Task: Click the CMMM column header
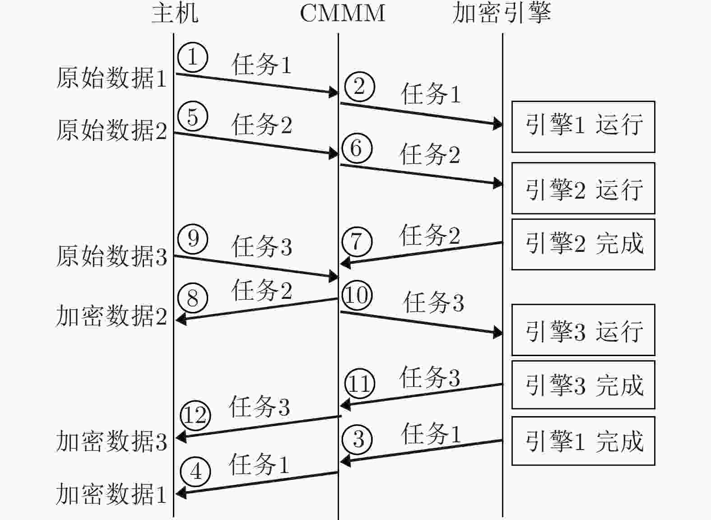tap(343, 14)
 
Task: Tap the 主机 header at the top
tap(175, 14)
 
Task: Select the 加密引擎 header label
tap(502, 14)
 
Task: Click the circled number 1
tap(193, 57)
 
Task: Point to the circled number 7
tap(357, 241)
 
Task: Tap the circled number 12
tap(195, 415)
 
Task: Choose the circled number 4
tap(195, 471)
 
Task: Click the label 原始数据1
tap(112, 78)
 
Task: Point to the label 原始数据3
tap(112, 256)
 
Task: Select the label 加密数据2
tap(112, 316)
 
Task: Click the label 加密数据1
tap(112, 494)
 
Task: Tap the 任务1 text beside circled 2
tap(431, 94)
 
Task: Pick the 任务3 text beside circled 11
tap(430, 377)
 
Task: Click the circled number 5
tap(193, 116)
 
